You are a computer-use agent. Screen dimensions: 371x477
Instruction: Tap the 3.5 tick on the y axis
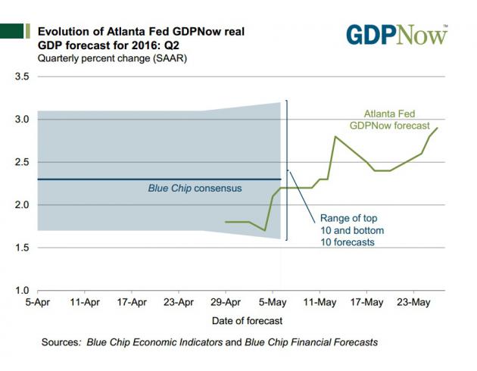click(x=21, y=76)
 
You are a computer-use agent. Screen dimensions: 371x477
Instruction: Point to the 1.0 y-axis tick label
click(x=21, y=290)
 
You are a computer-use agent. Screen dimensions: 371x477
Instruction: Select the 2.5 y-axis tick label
click(x=21, y=162)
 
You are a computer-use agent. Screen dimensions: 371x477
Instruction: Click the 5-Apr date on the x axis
click(x=38, y=303)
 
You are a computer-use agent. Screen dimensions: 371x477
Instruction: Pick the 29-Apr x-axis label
click(x=226, y=303)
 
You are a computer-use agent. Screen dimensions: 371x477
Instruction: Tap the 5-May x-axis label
click(x=273, y=303)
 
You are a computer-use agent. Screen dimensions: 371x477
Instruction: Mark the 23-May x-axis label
click(x=413, y=303)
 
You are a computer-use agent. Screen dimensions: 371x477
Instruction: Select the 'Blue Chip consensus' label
click(x=195, y=188)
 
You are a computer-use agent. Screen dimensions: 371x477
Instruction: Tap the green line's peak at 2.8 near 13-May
click(x=335, y=136)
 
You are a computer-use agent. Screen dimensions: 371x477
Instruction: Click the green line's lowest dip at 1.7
click(x=264, y=230)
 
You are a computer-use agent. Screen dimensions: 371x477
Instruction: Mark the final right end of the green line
click(x=437, y=128)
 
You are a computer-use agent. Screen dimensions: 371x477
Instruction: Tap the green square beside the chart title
click(x=11, y=31)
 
